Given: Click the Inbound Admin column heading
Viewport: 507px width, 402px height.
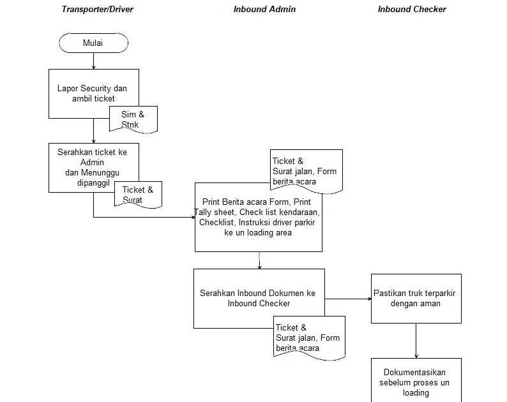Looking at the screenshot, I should (x=264, y=10).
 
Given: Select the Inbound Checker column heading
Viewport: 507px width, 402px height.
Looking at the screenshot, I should (x=412, y=10).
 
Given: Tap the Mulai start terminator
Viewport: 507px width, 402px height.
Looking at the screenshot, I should (x=93, y=43).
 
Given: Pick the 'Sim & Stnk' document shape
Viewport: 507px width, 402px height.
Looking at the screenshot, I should (x=133, y=119).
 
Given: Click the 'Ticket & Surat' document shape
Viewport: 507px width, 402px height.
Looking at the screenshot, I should (x=137, y=194).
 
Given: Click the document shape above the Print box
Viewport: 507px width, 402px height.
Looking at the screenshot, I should (x=306, y=170).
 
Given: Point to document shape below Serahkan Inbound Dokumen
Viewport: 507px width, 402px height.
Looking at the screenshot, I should (x=308, y=337).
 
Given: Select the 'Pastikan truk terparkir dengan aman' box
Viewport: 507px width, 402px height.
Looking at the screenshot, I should (x=416, y=298).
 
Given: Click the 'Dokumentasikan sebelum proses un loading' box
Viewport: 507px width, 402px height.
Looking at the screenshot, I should (x=416, y=382).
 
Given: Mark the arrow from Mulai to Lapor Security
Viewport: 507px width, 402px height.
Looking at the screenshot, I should (x=94, y=61).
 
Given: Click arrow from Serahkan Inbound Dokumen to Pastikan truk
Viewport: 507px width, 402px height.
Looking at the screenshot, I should (x=348, y=298).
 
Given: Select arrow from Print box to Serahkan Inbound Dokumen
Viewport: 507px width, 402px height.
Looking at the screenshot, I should (x=259, y=260).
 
